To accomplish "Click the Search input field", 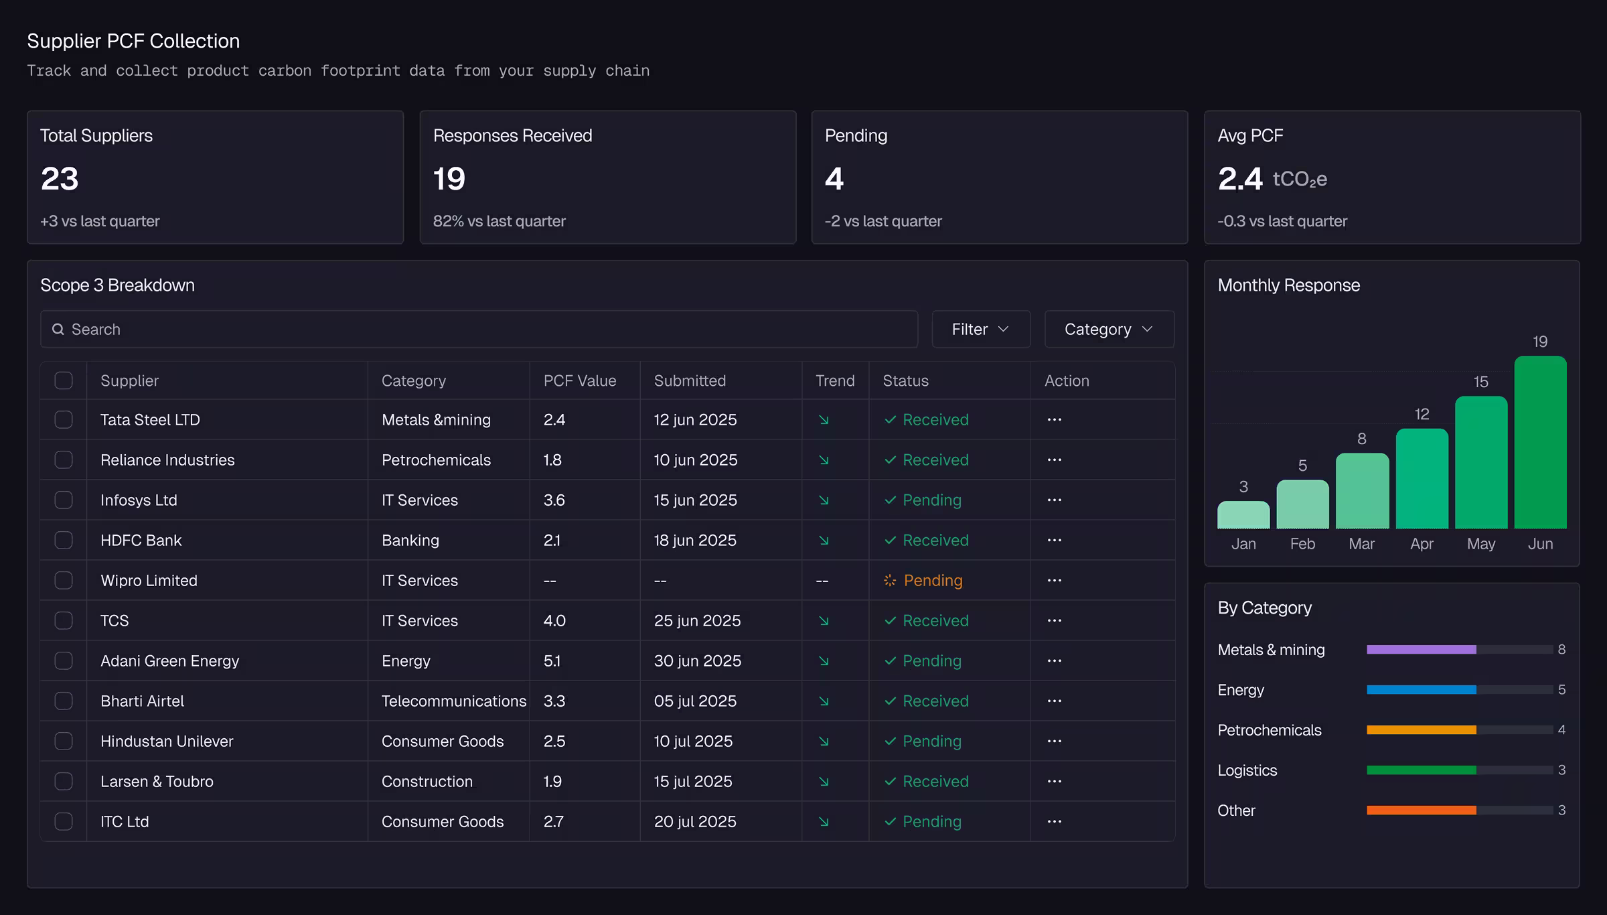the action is click(x=479, y=329).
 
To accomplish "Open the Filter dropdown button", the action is click(x=981, y=329).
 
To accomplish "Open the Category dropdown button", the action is click(x=1109, y=329).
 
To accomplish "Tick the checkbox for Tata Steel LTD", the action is click(x=64, y=419).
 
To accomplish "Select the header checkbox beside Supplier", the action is click(x=64, y=380).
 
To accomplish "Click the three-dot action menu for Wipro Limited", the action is click(x=1055, y=580).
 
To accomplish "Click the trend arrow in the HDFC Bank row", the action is click(x=824, y=540).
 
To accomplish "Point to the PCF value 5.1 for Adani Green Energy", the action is click(x=552, y=660).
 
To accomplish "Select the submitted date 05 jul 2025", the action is click(x=695, y=701).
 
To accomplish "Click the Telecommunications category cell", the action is click(x=454, y=701).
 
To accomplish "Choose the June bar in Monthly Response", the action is click(x=1540, y=442).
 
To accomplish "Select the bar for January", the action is click(x=1243, y=514).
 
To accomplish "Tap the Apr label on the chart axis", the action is click(x=1422, y=544).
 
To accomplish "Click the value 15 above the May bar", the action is click(x=1480, y=382).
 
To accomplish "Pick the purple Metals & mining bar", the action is click(x=1422, y=649).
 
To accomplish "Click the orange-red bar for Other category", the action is click(x=1422, y=810).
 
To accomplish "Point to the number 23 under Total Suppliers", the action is click(x=60, y=179).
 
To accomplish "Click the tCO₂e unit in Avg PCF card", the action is click(x=1300, y=180).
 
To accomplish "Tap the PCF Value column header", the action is click(x=580, y=380).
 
